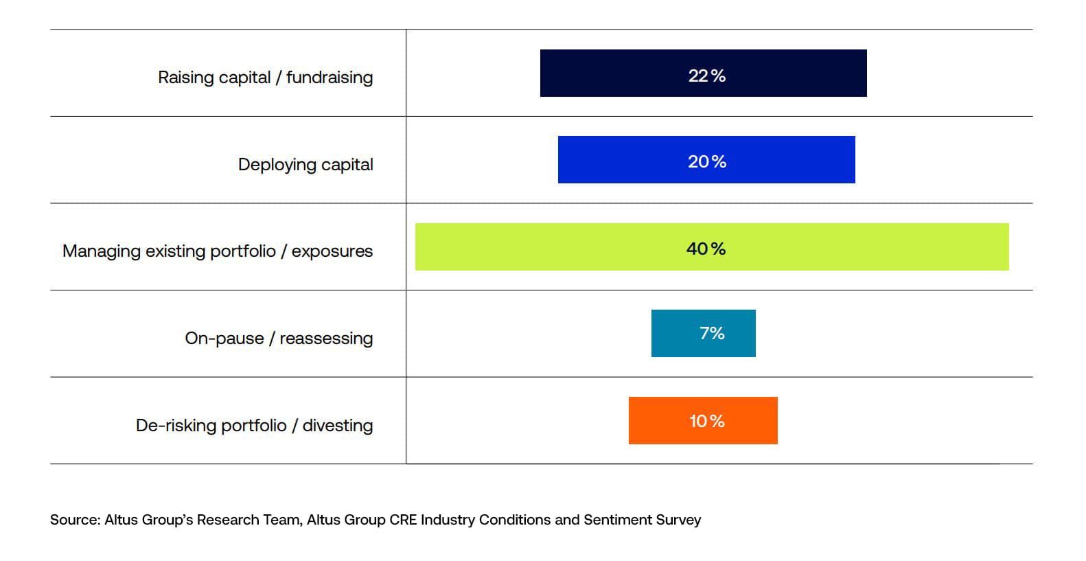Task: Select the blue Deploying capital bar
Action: coord(618,160)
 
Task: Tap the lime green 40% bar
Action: coord(549,247)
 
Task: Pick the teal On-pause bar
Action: coord(673,334)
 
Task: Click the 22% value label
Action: coord(706,76)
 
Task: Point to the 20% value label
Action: coord(706,162)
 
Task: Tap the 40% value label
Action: coord(706,249)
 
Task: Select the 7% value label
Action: coord(712,334)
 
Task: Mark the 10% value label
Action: coord(706,421)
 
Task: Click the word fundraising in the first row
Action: coord(330,78)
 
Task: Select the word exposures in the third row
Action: coord(332,251)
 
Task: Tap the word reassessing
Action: coord(326,339)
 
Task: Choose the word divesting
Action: coord(338,426)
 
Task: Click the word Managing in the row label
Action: coord(102,251)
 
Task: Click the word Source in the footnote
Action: coord(74,520)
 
